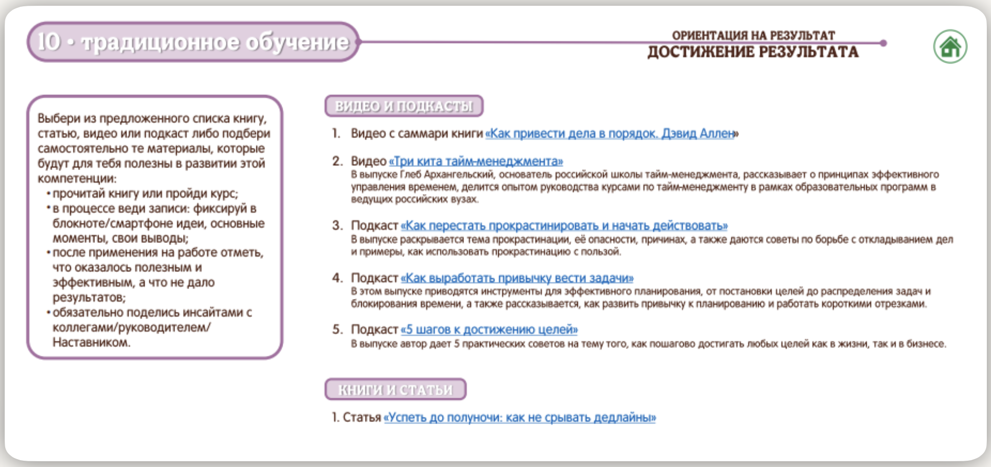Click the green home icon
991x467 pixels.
coord(950,47)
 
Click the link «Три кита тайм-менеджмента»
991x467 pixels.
coord(476,161)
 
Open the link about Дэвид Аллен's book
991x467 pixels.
coord(611,134)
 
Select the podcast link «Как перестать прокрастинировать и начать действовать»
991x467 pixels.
coord(564,226)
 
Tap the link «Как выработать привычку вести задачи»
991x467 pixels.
coord(517,278)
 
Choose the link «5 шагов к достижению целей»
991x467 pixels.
coord(489,330)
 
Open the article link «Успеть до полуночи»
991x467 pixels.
coord(520,418)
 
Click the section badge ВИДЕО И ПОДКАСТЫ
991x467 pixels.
coord(403,106)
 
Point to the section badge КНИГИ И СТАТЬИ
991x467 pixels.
coord(395,389)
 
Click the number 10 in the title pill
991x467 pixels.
coord(49,42)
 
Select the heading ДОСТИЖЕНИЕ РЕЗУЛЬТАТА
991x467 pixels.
coord(753,52)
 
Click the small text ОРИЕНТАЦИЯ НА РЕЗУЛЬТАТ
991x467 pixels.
coord(753,35)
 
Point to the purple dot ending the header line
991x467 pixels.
coord(883,43)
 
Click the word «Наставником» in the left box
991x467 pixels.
coord(91,343)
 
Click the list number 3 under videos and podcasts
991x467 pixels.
coord(337,226)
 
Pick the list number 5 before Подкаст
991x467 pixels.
coord(337,330)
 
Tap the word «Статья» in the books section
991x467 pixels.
coord(362,418)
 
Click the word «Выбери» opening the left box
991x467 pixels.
coord(59,119)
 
